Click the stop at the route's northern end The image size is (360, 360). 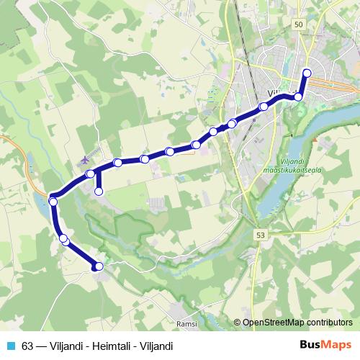(307, 72)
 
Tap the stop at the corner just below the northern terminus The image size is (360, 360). (298, 96)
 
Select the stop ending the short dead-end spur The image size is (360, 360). (99, 191)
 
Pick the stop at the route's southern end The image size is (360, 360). (99, 266)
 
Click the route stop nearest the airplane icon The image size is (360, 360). (91, 174)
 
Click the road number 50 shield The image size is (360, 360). (298, 24)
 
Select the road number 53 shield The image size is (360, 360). (259, 235)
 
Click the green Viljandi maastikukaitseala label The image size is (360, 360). (292, 165)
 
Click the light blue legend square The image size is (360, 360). (11, 346)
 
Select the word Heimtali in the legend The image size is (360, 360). (105, 346)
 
